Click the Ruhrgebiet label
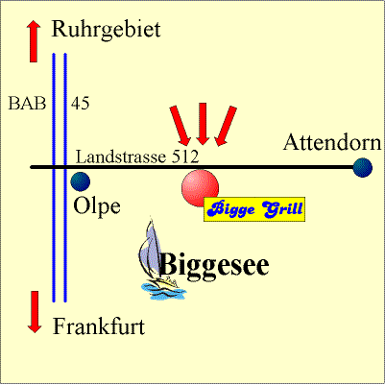tap(106, 31)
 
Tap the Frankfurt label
tap(99, 326)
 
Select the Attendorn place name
tap(332, 142)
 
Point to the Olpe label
tap(97, 207)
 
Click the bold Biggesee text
tap(214, 266)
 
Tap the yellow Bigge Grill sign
tap(254, 209)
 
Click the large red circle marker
tap(200, 188)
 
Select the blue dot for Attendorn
tap(363, 167)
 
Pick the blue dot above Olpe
tap(81, 181)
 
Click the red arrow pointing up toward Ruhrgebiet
tap(34, 41)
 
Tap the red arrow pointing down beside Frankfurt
tap(35, 312)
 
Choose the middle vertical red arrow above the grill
tap(203, 124)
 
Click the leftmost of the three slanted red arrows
tap(180, 126)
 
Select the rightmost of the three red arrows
tap(226, 126)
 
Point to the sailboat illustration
tap(161, 258)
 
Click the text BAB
tap(27, 104)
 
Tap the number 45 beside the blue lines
tap(80, 104)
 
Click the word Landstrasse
tap(121, 157)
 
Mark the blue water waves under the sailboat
tap(163, 291)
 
